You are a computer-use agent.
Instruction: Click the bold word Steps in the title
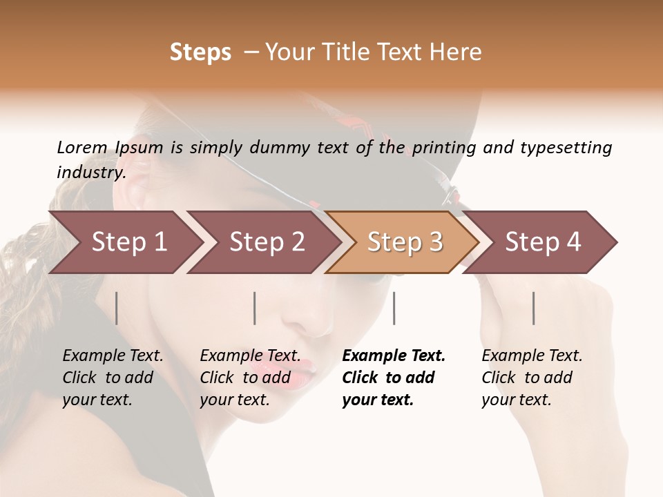[200, 52]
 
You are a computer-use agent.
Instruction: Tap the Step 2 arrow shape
[267, 242]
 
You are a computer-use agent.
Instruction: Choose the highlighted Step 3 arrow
[405, 242]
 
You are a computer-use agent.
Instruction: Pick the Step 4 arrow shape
[543, 242]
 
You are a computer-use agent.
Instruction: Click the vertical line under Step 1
[117, 308]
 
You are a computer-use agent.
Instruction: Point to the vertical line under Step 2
[255, 308]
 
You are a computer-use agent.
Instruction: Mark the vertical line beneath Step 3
[394, 308]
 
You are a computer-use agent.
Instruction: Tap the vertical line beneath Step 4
[534, 308]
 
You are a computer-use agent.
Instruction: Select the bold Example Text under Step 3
[394, 377]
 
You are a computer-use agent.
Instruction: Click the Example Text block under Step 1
[113, 377]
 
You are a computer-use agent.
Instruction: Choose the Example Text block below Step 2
[250, 377]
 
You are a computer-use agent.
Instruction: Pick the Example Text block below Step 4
[532, 377]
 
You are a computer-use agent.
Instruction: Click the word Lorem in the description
[82, 148]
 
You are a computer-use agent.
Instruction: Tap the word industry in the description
[90, 173]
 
